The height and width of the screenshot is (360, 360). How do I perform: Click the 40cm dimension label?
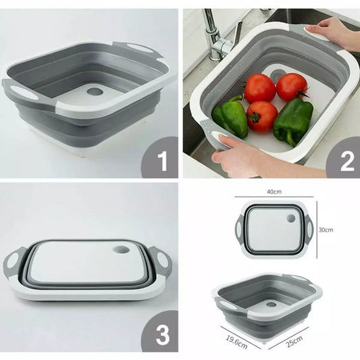274,191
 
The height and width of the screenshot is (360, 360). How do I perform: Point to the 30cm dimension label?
326,230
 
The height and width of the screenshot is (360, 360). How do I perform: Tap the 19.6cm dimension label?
237,342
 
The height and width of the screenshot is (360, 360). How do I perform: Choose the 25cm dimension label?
294,341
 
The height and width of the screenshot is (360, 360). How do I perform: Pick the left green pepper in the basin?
230,116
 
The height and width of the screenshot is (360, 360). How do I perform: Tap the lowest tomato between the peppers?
262,117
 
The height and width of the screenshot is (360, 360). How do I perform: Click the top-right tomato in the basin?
292,86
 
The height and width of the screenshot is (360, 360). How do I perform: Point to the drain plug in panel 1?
95,91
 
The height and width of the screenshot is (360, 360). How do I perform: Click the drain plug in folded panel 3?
122,249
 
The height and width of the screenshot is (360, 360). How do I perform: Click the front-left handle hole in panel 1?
22,92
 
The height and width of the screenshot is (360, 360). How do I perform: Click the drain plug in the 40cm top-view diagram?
291,218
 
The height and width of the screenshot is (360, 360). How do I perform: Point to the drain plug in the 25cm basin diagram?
272,305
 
